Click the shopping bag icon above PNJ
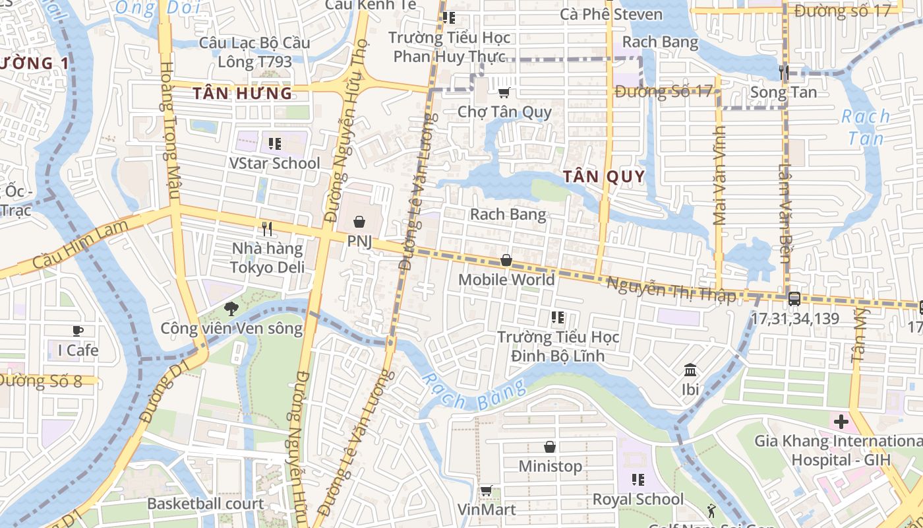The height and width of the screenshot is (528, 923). [359, 222]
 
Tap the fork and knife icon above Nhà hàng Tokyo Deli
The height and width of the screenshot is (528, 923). [267, 229]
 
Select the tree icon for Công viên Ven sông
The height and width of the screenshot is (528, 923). [231, 308]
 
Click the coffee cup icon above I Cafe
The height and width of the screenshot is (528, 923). [78, 331]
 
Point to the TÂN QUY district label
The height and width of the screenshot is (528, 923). [603, 176]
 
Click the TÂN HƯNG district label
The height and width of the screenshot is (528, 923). [242, 94]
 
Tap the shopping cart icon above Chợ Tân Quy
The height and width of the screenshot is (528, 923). [504, 93]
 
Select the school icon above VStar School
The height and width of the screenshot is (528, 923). [275, 143]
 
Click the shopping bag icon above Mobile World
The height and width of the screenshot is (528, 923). [506, 260]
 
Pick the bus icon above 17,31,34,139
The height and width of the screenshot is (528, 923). [794, 298]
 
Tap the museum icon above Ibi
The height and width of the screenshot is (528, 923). [690, 370]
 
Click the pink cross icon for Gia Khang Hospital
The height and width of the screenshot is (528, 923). [841, 421]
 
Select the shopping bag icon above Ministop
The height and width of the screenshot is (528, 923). [549, 447]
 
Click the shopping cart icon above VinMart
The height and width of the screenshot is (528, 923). [487, 490]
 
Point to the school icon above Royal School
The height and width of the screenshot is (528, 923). [638, 479]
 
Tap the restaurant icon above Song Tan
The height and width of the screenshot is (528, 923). [783, 73]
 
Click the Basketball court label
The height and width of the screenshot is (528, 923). [205, 504]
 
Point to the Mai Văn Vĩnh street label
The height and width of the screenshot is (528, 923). [719, 176]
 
